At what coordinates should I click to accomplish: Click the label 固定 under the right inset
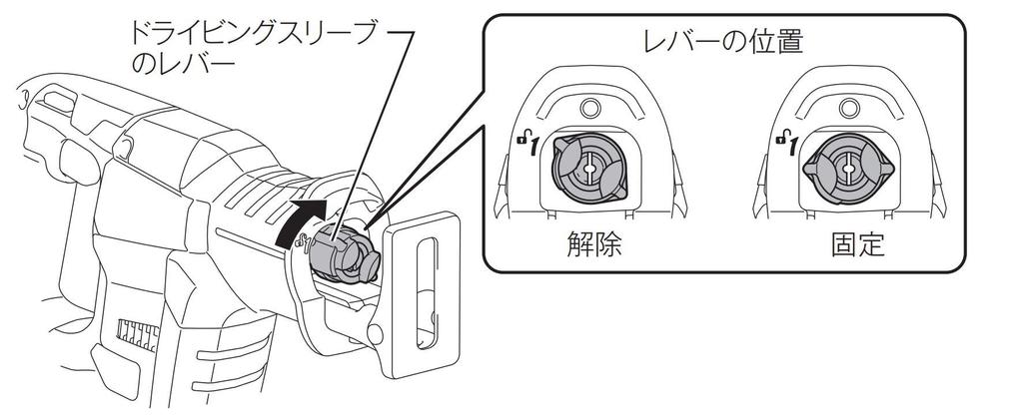point(857,244)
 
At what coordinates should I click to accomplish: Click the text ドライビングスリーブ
point(249,35)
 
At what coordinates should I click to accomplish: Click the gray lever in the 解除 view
point(589,169)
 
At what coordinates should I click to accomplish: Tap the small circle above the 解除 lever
point(589,108)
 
